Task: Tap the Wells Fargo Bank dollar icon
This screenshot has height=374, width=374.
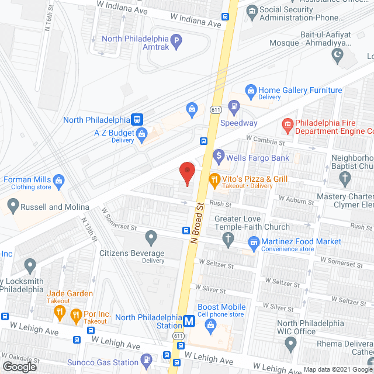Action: tap(219, 155)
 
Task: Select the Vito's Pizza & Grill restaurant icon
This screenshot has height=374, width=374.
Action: tap(214, 181)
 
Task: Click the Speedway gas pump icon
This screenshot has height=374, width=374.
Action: tap(234, 106)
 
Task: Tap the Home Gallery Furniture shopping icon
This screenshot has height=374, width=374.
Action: tap(251, 91)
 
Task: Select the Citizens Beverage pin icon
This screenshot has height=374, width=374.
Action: tap(151, 238)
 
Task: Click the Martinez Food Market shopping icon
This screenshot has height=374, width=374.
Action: tap(254, 241)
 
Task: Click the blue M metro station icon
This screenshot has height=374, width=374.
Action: tap(189, 321)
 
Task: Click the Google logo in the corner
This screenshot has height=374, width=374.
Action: tap(19, 366)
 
